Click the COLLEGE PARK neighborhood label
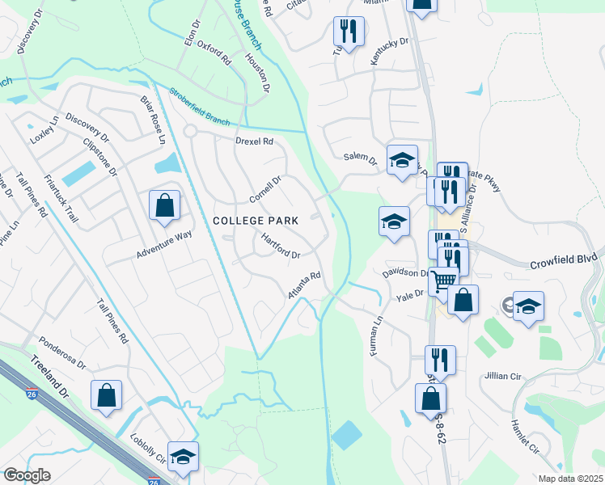(x=256, y=220)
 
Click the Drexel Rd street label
(x=255, y=141)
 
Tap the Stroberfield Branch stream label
(x=200, y=106)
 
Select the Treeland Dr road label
(x=46, y=377)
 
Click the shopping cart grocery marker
(x=443, y=281)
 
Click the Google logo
(x=27, y=475)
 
